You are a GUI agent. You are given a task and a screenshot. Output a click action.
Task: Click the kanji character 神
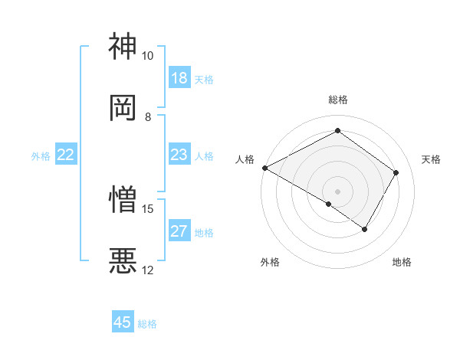123,47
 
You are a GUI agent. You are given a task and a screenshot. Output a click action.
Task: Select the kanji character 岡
123,107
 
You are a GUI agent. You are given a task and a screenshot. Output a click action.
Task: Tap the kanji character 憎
123,199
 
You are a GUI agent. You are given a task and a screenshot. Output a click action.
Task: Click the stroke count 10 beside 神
148,56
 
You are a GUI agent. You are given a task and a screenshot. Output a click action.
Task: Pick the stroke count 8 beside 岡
148,116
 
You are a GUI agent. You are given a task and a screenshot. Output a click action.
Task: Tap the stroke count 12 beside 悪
148,270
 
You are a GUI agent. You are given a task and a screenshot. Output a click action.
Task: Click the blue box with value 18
179,78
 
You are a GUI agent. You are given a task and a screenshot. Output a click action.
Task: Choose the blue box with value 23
179,155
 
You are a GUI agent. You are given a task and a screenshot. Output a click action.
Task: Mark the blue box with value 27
179,231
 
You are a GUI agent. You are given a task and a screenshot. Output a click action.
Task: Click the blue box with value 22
66,155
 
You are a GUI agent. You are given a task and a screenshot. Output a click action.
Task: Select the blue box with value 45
123,322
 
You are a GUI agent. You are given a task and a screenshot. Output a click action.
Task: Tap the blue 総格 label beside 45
147,324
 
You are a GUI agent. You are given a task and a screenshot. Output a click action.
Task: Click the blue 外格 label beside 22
41,156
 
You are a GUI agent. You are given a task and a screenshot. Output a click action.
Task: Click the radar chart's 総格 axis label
337,100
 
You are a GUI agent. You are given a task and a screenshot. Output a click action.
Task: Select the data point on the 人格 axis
264,168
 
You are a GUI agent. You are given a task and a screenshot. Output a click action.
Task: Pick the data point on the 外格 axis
329,204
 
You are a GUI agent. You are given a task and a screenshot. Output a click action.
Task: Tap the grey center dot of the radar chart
337,191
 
